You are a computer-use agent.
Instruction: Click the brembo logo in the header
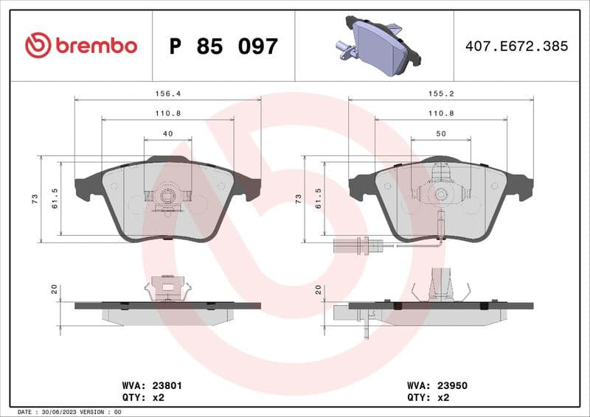point(81,46)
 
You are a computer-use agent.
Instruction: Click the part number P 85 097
point(223,46)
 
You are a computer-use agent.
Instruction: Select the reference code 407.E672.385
point(516,46)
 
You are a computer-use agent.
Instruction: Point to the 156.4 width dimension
point(167,94)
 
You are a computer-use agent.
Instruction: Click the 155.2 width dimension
point(440,94)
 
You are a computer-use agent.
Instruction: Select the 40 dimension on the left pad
point(167,133)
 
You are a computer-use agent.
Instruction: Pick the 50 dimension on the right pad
point(440,133)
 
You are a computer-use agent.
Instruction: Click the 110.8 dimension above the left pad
point(167,113)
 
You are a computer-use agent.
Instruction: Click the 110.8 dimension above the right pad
point(440,113)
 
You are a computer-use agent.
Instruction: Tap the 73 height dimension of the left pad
point(35,200)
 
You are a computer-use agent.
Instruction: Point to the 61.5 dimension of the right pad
point(318,200)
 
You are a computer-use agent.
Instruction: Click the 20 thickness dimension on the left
point(54,290)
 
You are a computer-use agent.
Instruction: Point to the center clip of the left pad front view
point(167,196)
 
